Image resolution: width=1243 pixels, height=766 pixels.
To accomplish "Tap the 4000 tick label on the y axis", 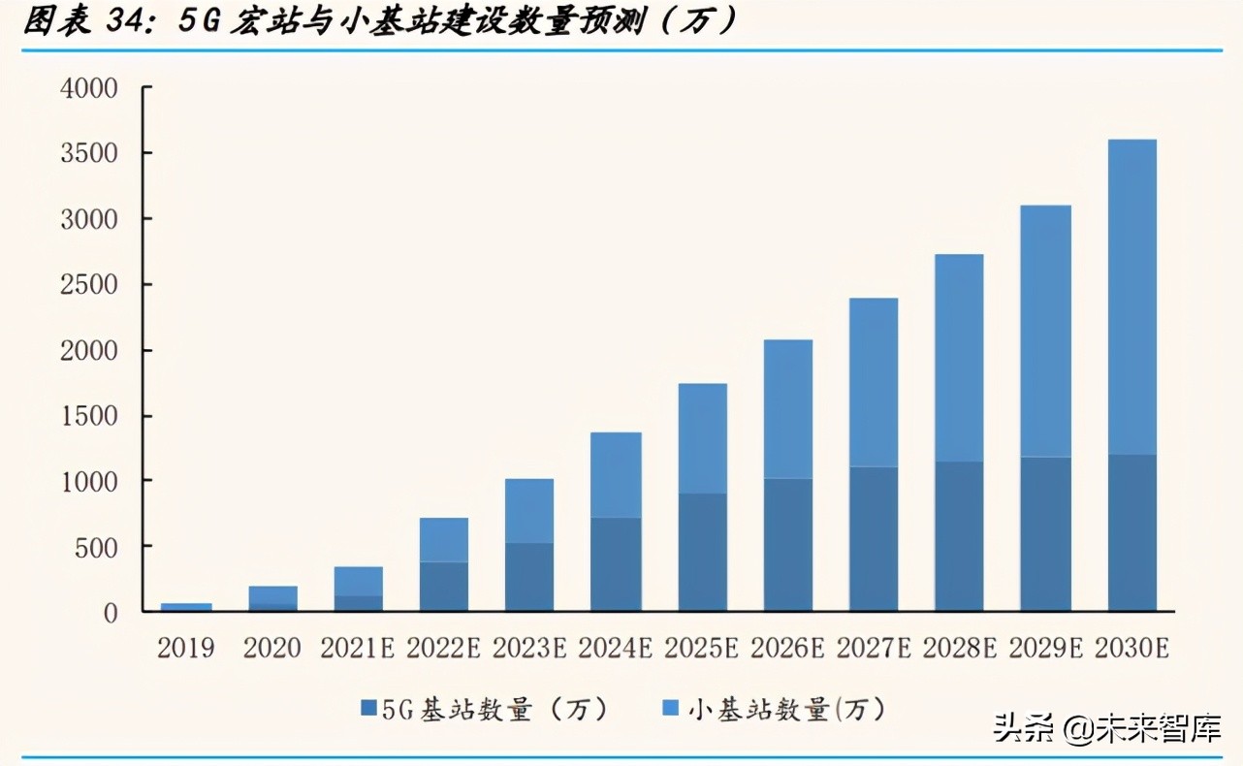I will pos(88,89).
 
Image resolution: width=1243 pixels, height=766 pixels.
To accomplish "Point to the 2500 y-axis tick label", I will pos(88,285).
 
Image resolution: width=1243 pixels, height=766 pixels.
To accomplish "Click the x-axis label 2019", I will pos(186,648).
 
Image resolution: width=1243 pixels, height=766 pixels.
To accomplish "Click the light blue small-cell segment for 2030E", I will pos(1132,296).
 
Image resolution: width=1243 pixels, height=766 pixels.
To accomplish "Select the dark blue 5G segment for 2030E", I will pos(1132,533).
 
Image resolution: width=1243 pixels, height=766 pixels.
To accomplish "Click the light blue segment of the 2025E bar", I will pos(702,438).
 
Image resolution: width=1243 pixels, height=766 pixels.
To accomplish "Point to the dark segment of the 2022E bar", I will pos(444,587).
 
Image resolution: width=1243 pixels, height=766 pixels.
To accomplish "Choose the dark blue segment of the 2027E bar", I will pos(874,539).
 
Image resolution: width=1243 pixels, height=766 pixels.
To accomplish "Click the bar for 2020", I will pos(272,598).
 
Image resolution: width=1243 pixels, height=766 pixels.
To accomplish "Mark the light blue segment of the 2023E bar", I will pos(530,510).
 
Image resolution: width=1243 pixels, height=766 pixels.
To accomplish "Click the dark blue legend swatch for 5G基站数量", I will pos(367,709).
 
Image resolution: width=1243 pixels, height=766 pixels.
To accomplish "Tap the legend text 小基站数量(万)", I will pos(787,710).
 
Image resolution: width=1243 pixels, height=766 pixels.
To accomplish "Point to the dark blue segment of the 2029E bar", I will pos(1046,534).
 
